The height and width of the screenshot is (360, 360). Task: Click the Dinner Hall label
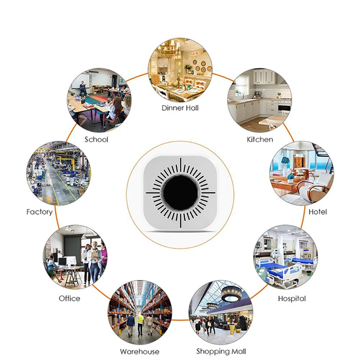(x=180, y=108)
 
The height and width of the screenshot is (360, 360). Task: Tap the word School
(x=96, y=139)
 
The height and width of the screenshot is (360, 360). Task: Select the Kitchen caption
(x=260, y=139)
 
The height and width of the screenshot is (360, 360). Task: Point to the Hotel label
(x=318, y=212)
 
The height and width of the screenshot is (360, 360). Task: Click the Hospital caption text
(x=292, y=298)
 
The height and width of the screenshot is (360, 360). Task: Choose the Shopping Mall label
(x=221, y=351)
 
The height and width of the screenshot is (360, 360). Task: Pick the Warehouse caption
(x=139, y=351)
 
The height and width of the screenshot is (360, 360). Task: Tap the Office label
(x=69, y=298)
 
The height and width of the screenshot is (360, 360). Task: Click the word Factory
(x=39, y=212)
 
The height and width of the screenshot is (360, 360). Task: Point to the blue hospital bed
(x=277, y=268)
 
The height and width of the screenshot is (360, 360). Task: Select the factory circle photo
(x=58, y=173)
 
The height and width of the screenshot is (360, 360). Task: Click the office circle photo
(x=75, y=256)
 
